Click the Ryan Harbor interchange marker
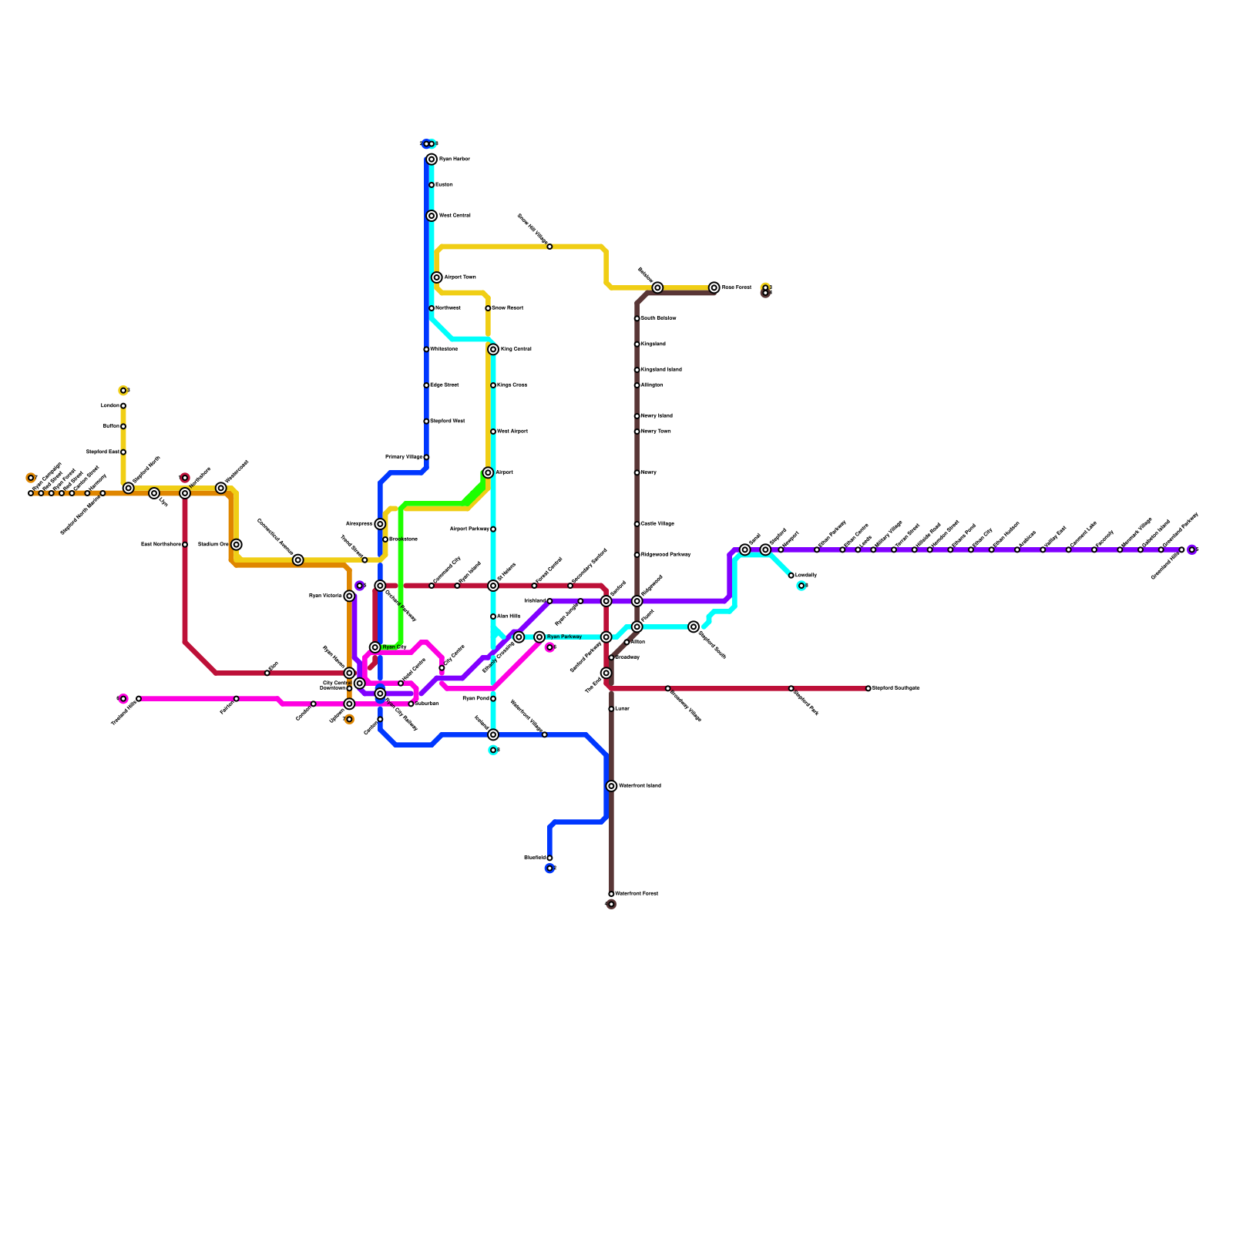[432, 160]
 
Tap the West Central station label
[455, 216]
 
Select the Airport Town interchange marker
[437, 277]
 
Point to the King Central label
[516, 350]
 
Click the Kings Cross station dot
[493, 385]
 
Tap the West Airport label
[512, 432]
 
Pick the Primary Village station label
[403, 458]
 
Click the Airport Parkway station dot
[493, 529]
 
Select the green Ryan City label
[395, 647]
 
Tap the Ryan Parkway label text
[564, 637]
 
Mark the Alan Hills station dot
[493, 616]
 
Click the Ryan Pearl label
[475, 699]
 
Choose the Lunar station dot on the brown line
[611, 709]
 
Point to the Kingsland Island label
[661, 370]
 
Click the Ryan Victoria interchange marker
[349, 596]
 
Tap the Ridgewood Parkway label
[666, 555]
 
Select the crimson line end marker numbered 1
[185, 479]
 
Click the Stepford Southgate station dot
[868, 688]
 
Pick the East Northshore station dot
[185, 545]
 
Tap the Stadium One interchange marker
[237, 545]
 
